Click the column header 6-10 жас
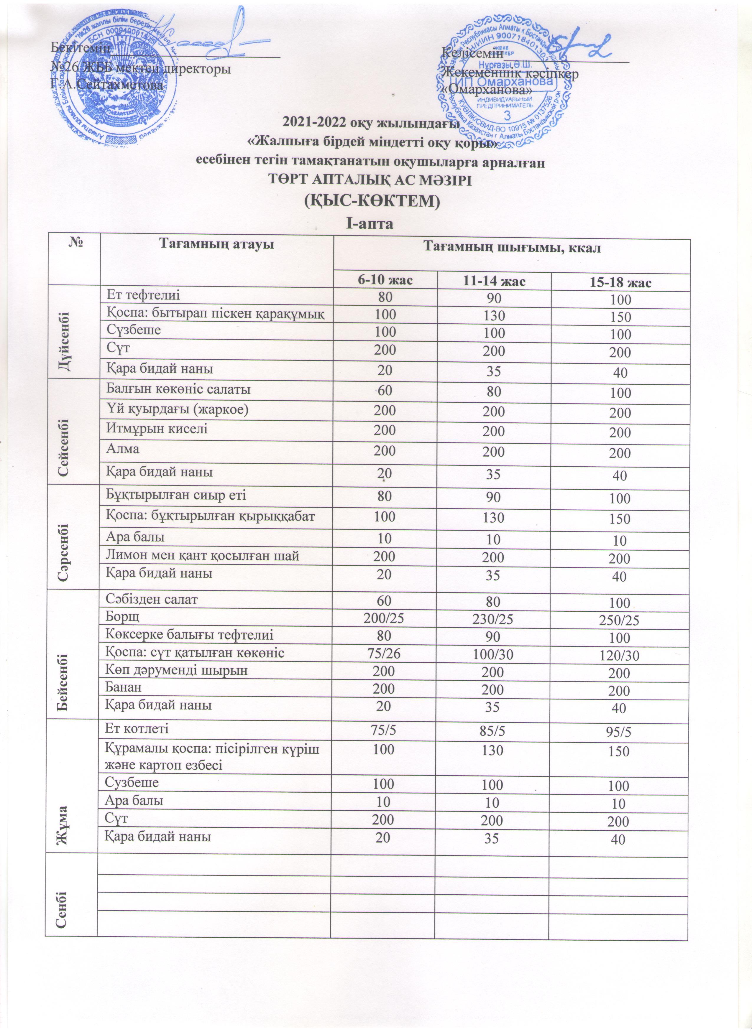pos(384,279)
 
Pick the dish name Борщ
pos(122,617)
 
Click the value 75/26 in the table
pos(384,653)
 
